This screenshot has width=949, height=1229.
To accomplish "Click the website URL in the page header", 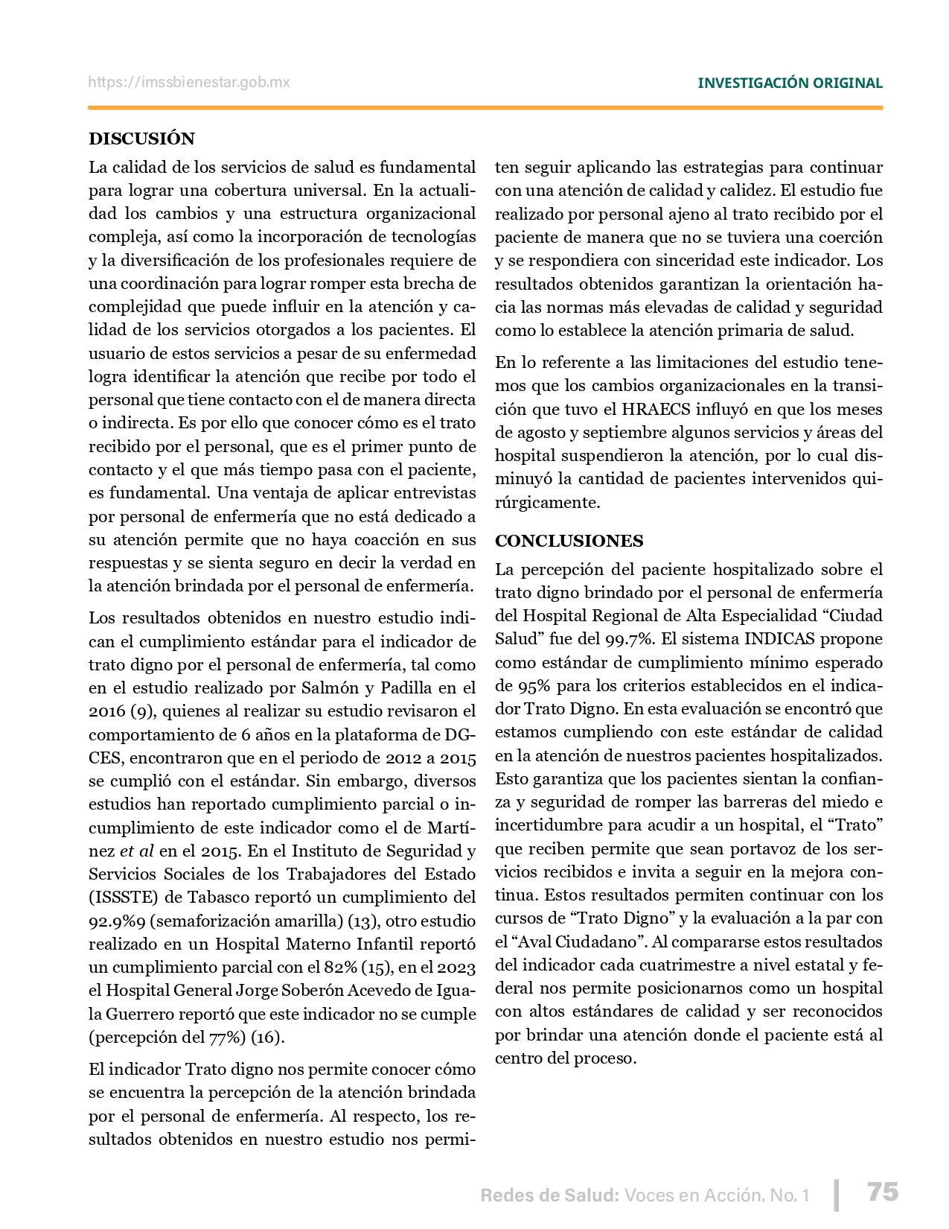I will coord(189,83).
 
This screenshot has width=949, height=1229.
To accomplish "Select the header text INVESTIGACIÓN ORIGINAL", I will coord(790,83).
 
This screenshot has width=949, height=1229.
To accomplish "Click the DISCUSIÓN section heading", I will coord(141,139).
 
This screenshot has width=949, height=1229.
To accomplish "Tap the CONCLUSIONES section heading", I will coord(569,541).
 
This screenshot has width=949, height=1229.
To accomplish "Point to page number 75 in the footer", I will coord(883,1192).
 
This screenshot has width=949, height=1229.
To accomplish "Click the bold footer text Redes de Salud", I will coord(549,1195).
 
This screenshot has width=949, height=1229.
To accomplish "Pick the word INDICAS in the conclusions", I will coord(779,639).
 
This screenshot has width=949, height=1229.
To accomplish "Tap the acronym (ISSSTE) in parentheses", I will coord(123,898).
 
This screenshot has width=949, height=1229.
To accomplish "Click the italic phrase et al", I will coord(136,851).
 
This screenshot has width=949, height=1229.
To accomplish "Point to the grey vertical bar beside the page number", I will coord(837,1195).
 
